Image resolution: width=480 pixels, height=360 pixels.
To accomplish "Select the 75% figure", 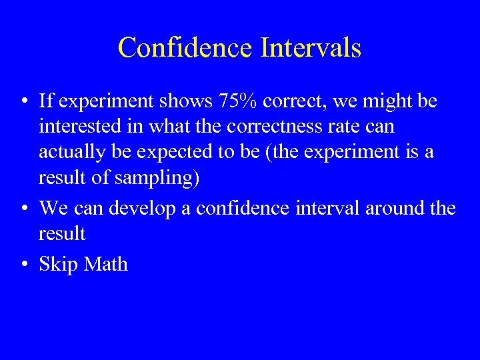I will click(237, 101).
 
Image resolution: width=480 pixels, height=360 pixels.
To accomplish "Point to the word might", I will click(378, 101).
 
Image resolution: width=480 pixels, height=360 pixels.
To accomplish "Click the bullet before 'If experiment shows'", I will click(23, 102).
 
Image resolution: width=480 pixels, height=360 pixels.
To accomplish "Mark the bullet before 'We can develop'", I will click(23, 209).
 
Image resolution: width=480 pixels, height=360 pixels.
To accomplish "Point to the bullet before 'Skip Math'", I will click(23, 265).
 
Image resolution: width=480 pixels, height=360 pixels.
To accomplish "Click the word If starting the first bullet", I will click(45, 101).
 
